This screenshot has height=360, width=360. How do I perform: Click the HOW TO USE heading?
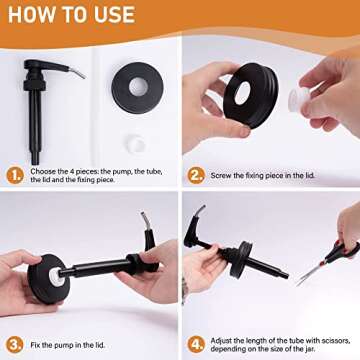(x=71, y=15)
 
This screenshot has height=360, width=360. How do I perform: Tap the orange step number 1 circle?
(x=15, y=176)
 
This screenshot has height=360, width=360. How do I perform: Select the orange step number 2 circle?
(x=196, y=175)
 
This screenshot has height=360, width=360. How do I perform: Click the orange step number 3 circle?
(x=15, y=345)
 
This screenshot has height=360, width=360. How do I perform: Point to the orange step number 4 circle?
(x=196, y=345)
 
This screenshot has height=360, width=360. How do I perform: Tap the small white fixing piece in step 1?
(x=136, y=144)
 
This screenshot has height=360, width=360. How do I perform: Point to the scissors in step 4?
(x=328, y=263)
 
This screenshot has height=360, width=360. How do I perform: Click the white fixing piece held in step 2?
(x=299, y=99)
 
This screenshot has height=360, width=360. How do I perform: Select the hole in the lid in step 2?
(x=242, y=93)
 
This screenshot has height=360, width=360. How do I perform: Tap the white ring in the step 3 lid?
(x=57, y=277)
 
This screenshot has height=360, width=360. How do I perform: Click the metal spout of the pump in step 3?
(x=145, y=220)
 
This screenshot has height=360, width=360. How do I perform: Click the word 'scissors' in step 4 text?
(x=331, y=341)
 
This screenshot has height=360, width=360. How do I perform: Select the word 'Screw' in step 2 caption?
(x=220, y=176)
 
